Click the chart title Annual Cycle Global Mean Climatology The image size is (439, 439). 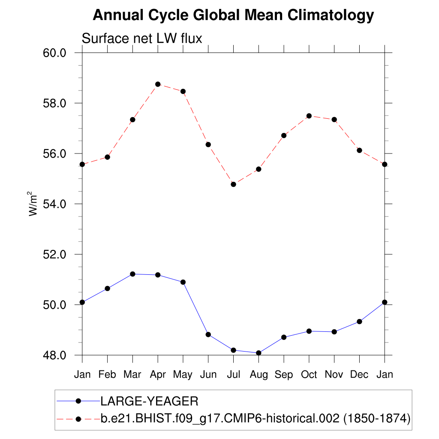coord(233,16)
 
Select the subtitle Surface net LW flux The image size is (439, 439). coord(141,39)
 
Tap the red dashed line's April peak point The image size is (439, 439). coord(158,84)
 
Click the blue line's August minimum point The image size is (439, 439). coord(259,353)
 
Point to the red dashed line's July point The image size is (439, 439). coord(233,184)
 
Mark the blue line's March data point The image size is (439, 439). coord(132,274)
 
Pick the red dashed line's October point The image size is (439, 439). coord(309,116)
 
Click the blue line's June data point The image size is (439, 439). coord(208,334)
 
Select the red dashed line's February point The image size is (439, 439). coord(107,157)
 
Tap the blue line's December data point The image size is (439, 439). coord(359,322)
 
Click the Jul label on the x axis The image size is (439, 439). coord(233,375)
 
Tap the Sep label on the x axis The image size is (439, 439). coord(284,375)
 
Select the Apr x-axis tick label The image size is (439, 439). coord(158,375)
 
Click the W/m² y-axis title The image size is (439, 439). coord(34,204)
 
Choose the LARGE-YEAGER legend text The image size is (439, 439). coord(149,402)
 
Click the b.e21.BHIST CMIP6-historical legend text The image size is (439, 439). coord(256,418)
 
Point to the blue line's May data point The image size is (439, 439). coord(183,282)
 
